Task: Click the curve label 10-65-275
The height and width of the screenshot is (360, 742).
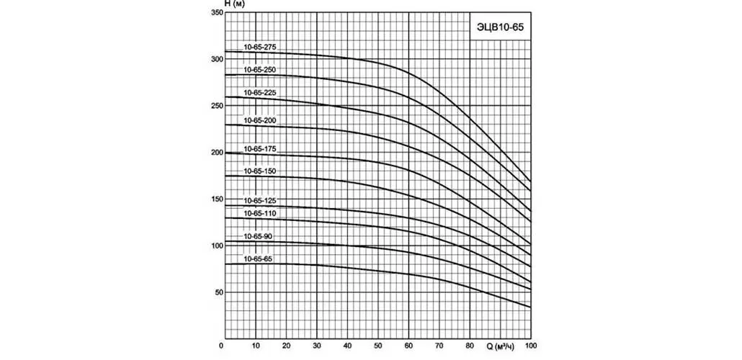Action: click(259, 47)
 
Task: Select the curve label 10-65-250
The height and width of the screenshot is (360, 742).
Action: click(259, 70)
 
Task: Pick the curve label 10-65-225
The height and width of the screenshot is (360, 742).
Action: click(259, 93)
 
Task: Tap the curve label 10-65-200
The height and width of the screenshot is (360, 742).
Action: click(259, 120)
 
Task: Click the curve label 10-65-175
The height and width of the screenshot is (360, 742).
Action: click(259, 148)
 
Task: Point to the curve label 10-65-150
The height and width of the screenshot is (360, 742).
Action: click(259, 171)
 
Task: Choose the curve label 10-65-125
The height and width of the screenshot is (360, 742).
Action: click(259, 200)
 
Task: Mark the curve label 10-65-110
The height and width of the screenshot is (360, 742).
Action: click(259, 213)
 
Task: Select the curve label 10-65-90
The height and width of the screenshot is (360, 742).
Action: click(258, 236)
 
